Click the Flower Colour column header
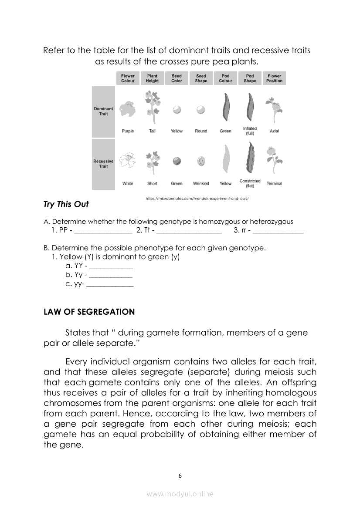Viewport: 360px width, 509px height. [x=128, y=78]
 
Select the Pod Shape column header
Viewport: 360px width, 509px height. [x=250, y=78]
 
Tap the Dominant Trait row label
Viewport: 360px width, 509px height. [x=103, y=111]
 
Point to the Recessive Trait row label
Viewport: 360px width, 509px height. [x=103, y=164]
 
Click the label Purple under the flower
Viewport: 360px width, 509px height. [x=128, y=131]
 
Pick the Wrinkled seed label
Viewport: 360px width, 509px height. [x=201, y=184]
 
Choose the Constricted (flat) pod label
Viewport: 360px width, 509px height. [x=250, y=183]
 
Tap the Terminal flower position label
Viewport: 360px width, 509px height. [x=274, y=184]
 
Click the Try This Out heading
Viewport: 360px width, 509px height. [x=66, y=204]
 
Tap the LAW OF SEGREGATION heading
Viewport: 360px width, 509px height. [x=89, y=312]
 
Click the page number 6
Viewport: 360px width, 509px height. [x=180, y=475]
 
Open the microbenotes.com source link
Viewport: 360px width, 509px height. [x=200, y=199]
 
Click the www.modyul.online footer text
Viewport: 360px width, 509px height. [x=180, y=494]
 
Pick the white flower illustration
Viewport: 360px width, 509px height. [x=128, y=160]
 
